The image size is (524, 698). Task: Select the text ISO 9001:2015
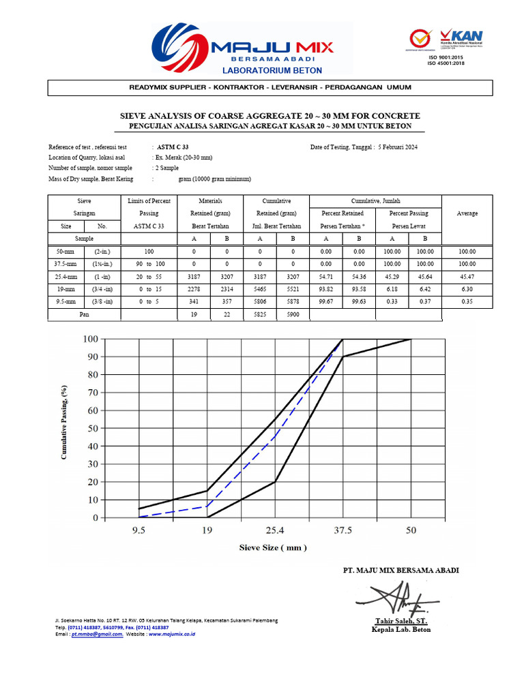coord(445,58)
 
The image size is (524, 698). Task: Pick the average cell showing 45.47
coord(467,277)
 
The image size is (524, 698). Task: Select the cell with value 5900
coord(293,314)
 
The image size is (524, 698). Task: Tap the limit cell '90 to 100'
coord(149,264)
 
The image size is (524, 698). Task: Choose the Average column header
coord(467,213)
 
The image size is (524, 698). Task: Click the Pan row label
coord(85,314)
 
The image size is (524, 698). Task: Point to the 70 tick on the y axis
coord(91,393)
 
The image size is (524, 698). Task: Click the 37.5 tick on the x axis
coord(343,529)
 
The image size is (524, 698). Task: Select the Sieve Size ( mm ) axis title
coord(273,547)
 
